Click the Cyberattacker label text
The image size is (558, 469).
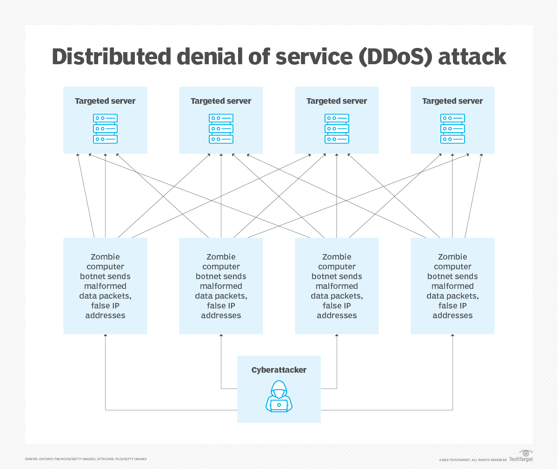pos(279,370)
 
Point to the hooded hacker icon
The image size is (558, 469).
pos(279,396)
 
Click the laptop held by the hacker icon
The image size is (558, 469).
pos(279,405)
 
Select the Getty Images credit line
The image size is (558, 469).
pos(86,459)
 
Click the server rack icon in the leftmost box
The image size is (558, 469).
pos(106,128)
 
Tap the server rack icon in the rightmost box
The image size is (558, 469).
pos(452,128)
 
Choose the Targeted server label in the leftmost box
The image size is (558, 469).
pos(106,101)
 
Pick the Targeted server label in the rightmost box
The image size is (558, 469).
pos(452,101)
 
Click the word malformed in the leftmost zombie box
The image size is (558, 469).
pos(106,286)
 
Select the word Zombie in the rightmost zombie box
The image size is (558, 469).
pos(452,257)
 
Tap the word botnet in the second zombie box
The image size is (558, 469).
pos(206,276)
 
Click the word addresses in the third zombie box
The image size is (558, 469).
pos(337,315)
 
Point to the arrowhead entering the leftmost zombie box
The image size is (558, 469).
pos(106,336)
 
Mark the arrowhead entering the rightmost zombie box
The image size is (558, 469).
pos(452,336)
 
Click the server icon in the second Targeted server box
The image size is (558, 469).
pos(221,128)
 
